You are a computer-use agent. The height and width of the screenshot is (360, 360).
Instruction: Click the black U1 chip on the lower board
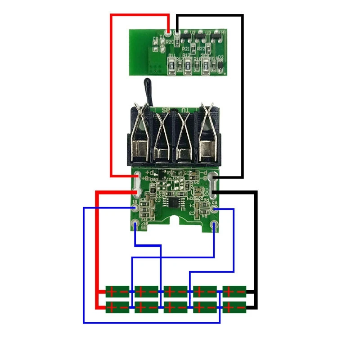pos(173,201)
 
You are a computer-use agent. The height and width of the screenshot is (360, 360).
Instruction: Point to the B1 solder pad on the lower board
pos(135,208)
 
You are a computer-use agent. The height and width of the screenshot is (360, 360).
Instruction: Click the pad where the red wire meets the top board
pos(168,32)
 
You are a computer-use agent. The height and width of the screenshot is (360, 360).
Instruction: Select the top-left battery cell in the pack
pos(117,292)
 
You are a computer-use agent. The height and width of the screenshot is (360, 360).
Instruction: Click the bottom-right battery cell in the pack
pos(234,308)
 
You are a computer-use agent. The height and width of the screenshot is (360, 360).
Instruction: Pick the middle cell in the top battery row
pos(175,292)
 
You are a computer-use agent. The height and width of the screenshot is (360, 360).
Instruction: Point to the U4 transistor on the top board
pos(216,35)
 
